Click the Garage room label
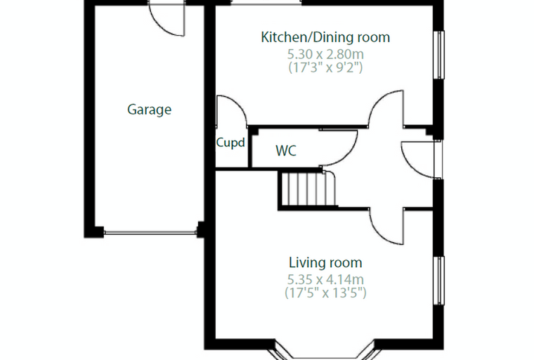[149, 110]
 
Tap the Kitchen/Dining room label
[325, 37]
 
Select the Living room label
[325, 262]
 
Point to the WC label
[286, 150]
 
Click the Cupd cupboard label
[230, 143]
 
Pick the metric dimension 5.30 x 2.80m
[325, 54]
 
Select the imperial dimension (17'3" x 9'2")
[325, 67]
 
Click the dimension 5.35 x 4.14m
[325, 280]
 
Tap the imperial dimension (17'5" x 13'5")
[325, 292]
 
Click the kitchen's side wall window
[440, 55]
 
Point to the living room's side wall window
[440, 281]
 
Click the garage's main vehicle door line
[150, 233]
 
